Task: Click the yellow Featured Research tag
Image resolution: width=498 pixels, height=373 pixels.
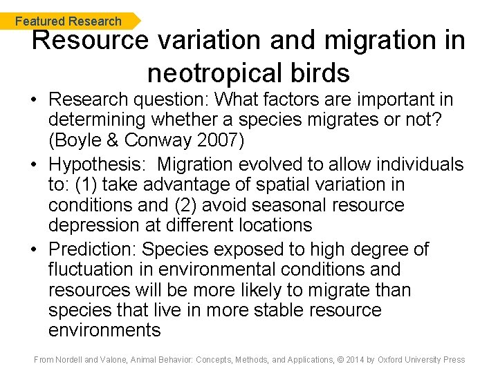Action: click(69, 21)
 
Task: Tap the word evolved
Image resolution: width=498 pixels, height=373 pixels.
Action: click(270, 164)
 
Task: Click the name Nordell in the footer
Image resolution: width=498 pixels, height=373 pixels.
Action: click(71, 359)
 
